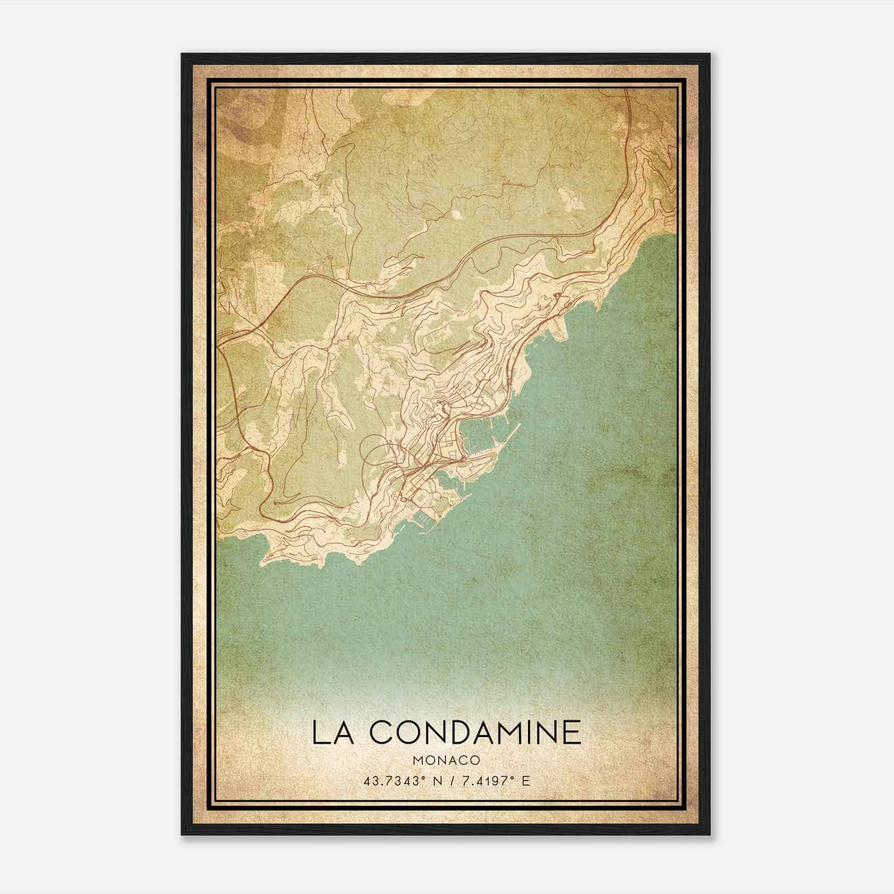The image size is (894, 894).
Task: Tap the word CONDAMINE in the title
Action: point(475,733)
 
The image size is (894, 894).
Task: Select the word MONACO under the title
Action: point(447,760)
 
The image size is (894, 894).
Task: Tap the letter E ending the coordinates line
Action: point(525,780)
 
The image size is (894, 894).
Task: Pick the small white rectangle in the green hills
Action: point(457,213)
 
